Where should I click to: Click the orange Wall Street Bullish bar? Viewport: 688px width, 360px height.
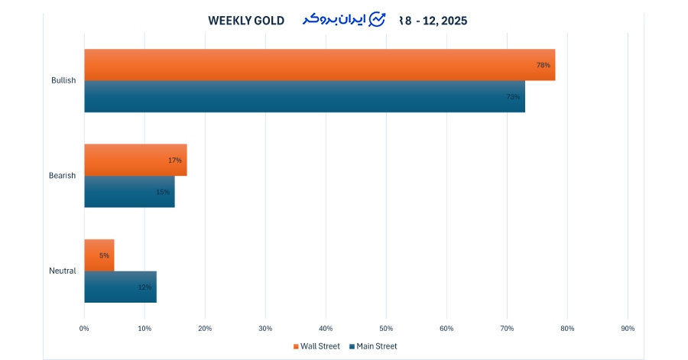pos(320,65)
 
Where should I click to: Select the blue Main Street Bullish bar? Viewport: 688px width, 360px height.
pos(304,96)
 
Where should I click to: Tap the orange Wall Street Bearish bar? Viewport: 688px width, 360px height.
pos(135,160)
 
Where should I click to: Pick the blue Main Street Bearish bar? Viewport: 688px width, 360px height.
pos(129,191)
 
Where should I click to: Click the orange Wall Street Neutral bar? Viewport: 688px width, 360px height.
pos(99,255)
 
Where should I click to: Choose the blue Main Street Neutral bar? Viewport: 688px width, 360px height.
pos(120,287)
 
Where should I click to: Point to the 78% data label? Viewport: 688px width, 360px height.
pos(544,65)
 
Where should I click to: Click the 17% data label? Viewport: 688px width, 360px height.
pos(175,161)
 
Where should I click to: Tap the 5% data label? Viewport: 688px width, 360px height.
pos(104,255)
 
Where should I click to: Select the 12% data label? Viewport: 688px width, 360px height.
pos(144,287)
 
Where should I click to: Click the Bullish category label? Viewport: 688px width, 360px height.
pos(63,81)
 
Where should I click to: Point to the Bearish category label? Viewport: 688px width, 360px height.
pos(62,176)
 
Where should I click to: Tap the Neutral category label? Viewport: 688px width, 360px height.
pos(62,271)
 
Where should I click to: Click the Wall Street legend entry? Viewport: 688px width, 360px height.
pos(316,346)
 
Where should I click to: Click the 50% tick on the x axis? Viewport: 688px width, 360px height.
pos(386,329)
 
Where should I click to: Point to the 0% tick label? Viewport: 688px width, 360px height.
pos(84,329)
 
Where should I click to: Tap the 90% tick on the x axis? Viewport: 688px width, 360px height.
pos(628,329)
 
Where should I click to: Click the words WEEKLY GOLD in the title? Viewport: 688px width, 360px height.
pos(246,21)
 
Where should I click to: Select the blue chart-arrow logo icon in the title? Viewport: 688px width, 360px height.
pos(377,20)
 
